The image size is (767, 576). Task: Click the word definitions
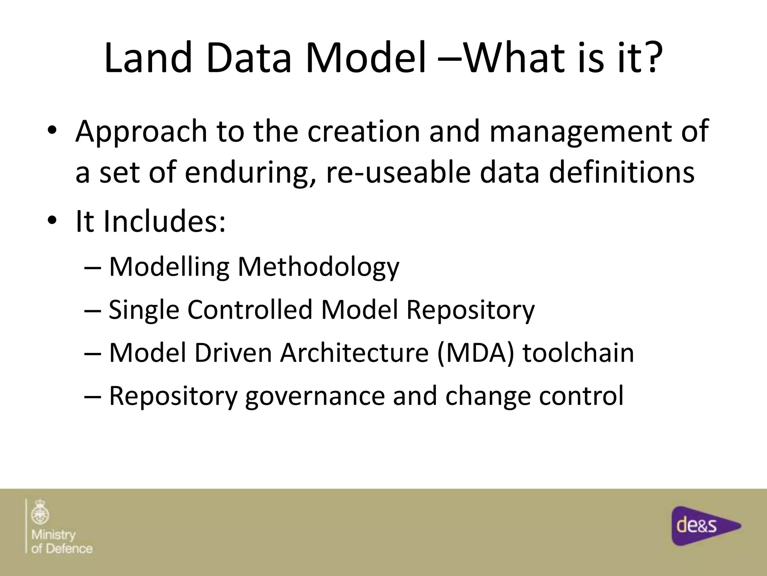click(x=621, y=173)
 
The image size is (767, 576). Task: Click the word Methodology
click(x=318, y=267)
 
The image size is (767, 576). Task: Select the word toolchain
click(x=578, y=353)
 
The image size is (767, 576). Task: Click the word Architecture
click(x=354, y=353)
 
